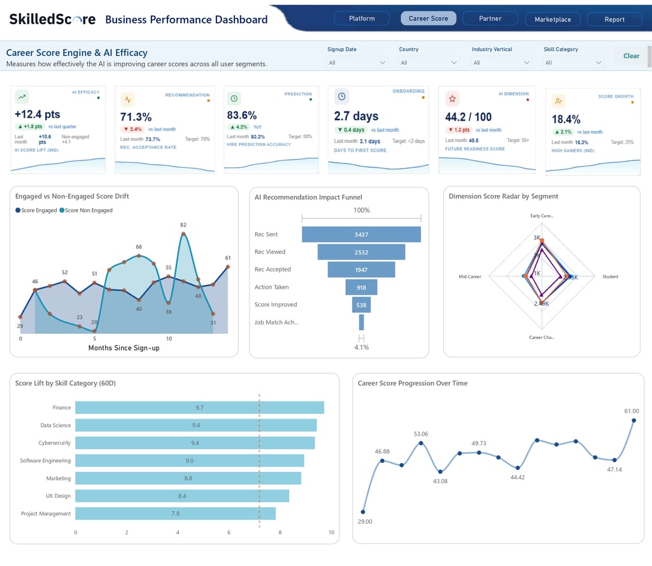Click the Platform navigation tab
[362, 18]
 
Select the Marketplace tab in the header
[552, 19]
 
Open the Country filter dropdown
[429, 62]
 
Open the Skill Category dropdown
[573, 62]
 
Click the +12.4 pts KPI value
[37, 114]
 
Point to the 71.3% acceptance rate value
[136, 117]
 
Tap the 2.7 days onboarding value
[356, 116]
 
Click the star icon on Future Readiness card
[452, 99]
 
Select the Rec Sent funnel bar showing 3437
[361, 235]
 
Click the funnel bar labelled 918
[361, 287]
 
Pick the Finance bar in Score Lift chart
[199, 408]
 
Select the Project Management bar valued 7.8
[175, 513]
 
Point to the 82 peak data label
[183, 225]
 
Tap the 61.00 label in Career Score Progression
[631, 411]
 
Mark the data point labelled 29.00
[363, 511]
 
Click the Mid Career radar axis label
[470, 277]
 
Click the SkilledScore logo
[52, 19]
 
